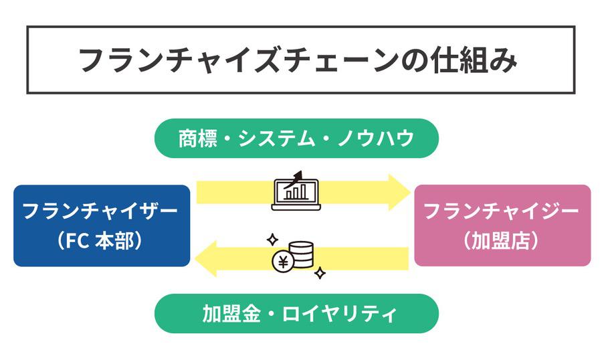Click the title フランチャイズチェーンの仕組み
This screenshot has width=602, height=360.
pyautogui.click(x=298, y=60)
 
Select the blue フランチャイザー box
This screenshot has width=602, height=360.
pyautogui.click(x=102, y=226)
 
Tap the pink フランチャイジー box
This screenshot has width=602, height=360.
pyautogui.click(x=502, y=225)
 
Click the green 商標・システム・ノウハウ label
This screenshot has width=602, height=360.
pyautogui.click(x=296, y=139)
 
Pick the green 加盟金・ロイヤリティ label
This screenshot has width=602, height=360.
pyautogui.click(x=296, y=314)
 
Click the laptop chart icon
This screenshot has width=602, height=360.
pyautogui.click(x=296, y=191)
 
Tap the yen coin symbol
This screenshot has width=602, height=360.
pyautogui.click(x=283, y=262)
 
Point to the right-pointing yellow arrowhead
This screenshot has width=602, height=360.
pyautogui.click(x=399, y=192)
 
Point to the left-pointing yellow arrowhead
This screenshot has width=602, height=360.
pyautogui.click(x=206, y=258)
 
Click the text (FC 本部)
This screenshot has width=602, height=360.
pyautogui.click(x=100, y=242)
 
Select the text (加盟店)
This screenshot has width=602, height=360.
pyautogui.click(x=502, y=242)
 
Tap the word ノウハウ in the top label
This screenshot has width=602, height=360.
pyautogui.click(x=376, y=139)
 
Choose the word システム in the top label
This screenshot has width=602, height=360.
pyautogui.click(x=277, y=139)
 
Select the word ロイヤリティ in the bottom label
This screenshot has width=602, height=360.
pyautogui.click(x=340, y=314)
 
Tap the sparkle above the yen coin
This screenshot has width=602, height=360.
pyautogui.click(x=272, y=240)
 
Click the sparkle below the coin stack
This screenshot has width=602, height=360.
pyautogui.click(x=320, y=273)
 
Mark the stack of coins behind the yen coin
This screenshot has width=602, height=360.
pyautogui.click(x=302, y=254)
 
